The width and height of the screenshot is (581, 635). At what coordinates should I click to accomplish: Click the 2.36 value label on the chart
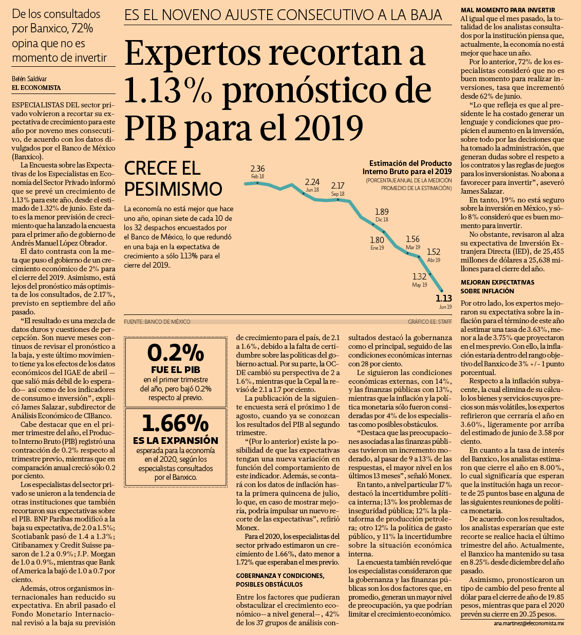click(257, 169)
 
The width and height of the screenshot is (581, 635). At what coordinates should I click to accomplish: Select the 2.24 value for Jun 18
click(312, 182)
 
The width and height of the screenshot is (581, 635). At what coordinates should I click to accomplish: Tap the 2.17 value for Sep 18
click(338, 185)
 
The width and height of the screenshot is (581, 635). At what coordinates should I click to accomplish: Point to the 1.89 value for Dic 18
click(382, 212)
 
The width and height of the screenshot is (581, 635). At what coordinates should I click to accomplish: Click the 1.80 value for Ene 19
click(377, 240)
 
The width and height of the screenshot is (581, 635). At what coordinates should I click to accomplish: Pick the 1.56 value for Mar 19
click(413, 239)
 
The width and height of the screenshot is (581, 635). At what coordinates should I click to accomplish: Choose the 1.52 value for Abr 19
click(434, 252)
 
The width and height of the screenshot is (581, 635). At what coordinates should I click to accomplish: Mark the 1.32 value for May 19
click(419, 276)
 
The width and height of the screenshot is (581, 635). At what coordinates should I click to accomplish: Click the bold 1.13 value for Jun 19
click(444, 298)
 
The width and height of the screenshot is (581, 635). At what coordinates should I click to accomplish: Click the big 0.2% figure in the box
click(175, 353)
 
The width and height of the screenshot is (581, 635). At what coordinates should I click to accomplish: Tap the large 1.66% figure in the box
click(175, 423)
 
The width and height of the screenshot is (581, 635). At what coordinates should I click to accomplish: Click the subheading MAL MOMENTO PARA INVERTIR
click(508, 10)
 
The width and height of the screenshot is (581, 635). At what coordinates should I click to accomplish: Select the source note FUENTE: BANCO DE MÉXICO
click(157, 322)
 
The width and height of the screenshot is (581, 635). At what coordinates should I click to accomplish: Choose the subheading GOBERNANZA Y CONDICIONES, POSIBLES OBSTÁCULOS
click(280, 580)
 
